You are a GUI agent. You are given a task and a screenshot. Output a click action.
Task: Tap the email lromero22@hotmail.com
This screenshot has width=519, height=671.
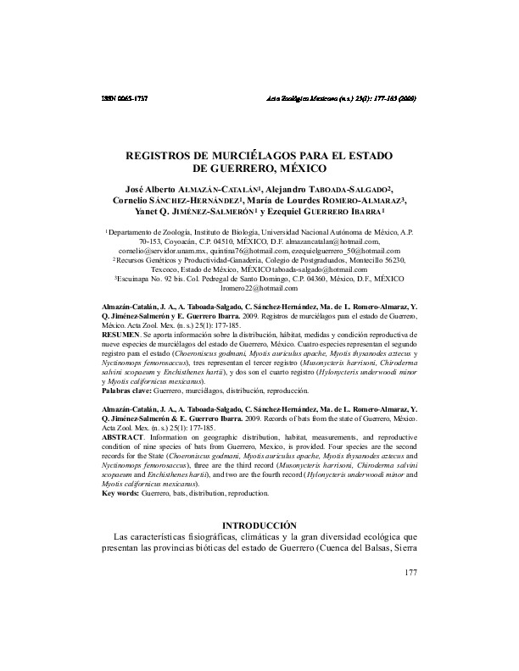coord(259,289)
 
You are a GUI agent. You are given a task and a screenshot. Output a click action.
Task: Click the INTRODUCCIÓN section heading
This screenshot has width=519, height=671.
coord(259,526)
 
